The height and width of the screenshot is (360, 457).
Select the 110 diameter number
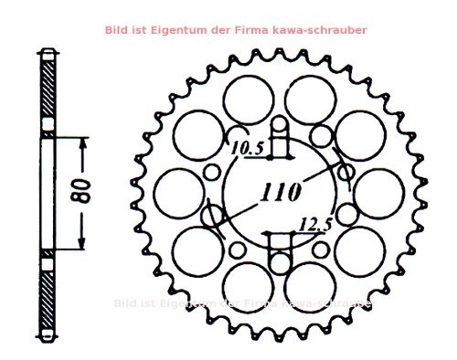281,194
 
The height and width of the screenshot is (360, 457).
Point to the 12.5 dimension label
314,224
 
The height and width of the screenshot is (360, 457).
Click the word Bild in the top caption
117,30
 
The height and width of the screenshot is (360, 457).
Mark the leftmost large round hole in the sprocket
177,194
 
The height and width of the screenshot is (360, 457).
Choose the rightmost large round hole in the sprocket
379,194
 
